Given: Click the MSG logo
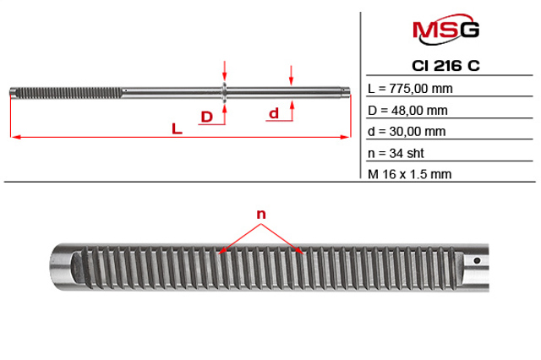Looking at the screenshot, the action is click(445, 30).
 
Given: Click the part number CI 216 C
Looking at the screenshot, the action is click(445, 66).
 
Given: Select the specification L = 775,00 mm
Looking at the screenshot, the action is click(410, 89).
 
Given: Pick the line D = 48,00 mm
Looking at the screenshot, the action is click(407, 111).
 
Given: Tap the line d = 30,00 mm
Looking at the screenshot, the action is click(407, 131).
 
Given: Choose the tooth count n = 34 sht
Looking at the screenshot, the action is click(396, 153).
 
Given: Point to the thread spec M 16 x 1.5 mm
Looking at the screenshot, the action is click(409, 174).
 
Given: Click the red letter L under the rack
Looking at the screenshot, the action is click(177, 129).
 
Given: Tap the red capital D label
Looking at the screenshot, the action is click(206, 117).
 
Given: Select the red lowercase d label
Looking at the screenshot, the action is click(274, 113).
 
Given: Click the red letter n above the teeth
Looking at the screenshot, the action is click(261, 215).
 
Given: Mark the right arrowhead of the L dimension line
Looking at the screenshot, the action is click(346, 137).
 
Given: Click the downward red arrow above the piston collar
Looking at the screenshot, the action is click(225, 71).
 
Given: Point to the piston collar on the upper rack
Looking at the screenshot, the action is click(225, 92).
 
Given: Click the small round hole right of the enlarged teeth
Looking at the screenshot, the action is click(477, 260).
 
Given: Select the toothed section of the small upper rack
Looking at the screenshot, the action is click(68, 92).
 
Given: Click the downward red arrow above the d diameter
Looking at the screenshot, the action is click(291, 75).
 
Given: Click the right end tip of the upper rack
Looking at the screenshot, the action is click(348, 91).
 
